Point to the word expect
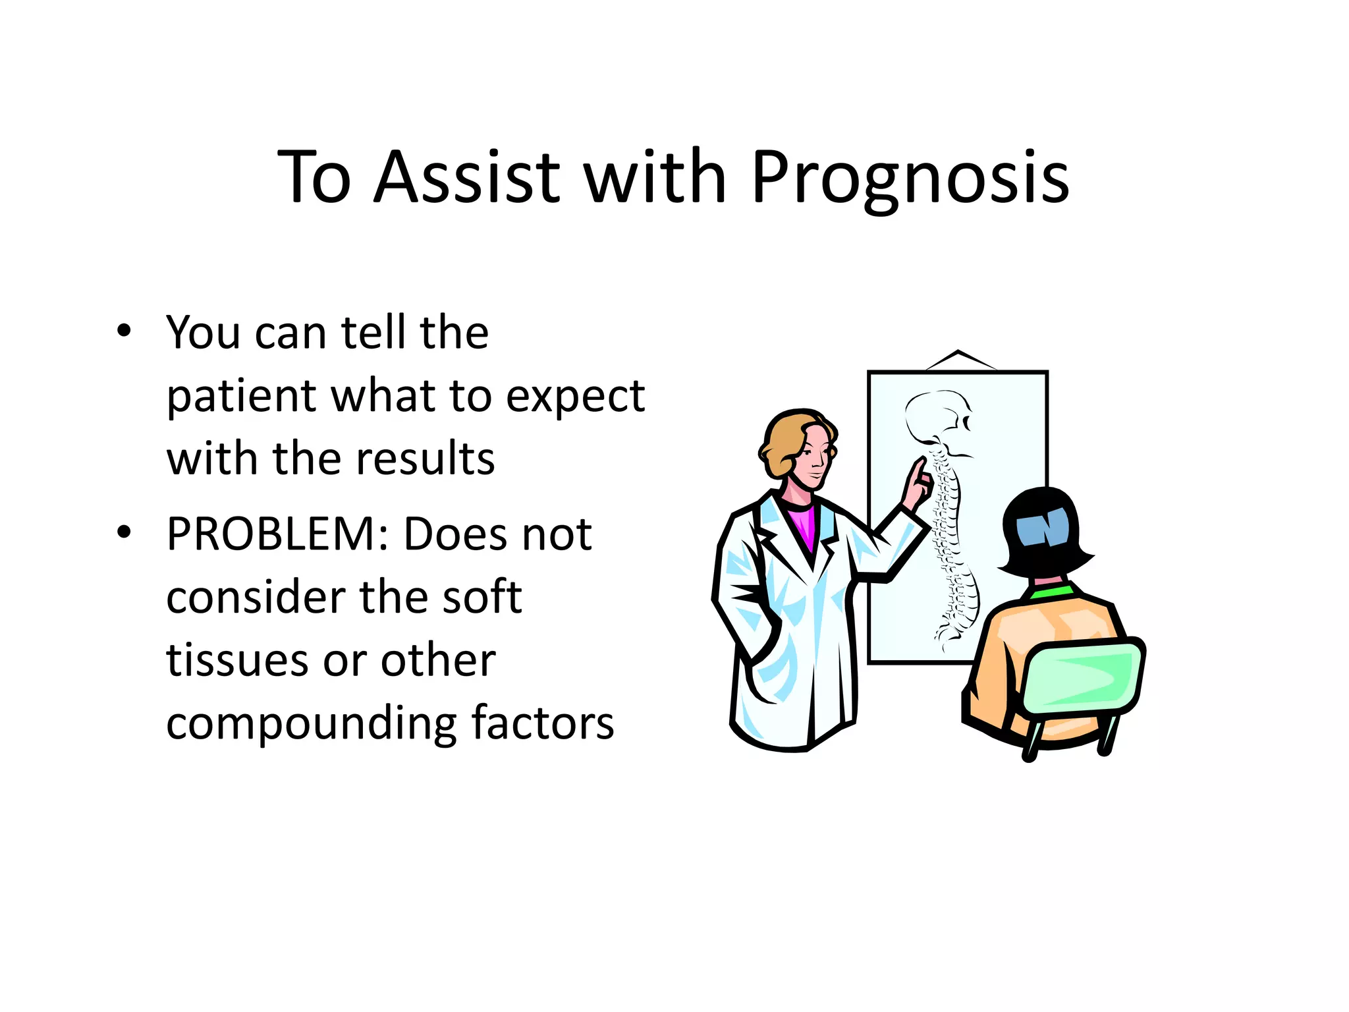[x=575, y=398]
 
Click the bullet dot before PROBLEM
[x=124, y=533]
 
